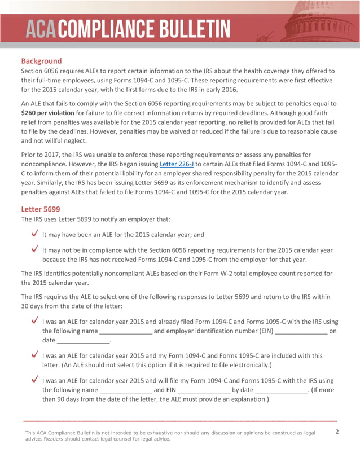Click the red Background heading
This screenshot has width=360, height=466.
(x=41, y=60)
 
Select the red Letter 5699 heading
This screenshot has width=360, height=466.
(x=41, y=208)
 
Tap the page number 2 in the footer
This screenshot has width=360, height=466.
(x=337, y=432)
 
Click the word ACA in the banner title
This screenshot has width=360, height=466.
(x=43, y=28)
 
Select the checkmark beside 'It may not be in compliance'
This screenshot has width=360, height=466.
(x=34, y=249)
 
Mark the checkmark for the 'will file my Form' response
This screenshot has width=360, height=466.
(x=34, y=380)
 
